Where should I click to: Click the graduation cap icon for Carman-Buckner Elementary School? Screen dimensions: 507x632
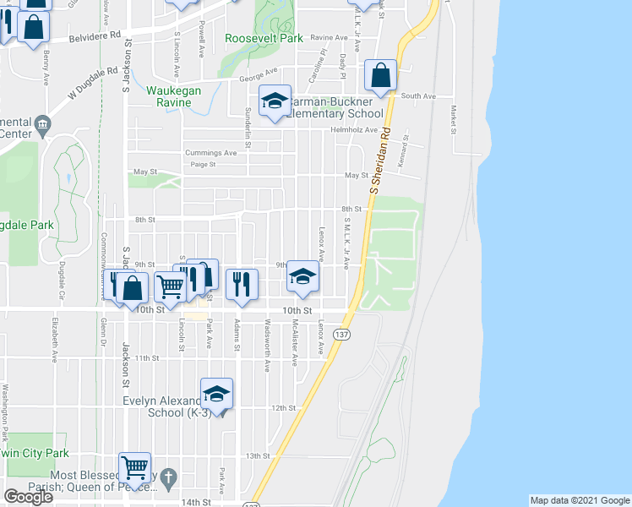point(274,101)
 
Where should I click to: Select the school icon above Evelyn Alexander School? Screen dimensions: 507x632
point(216,394)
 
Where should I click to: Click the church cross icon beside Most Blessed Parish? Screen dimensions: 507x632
point(168,477)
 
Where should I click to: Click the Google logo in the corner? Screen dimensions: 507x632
point(28,497)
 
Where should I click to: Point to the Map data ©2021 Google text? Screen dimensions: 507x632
point(579,500)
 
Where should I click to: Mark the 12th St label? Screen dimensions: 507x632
point(282,408)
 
